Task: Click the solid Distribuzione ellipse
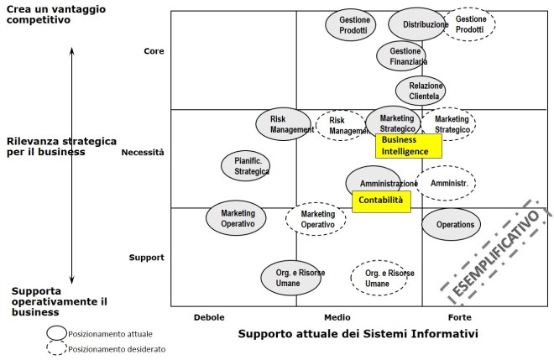[x=417, y=24]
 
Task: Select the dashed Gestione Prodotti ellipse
[x=470, y=24]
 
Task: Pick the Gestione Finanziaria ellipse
[x=407, y=56]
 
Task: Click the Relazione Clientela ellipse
[x=421, y=91]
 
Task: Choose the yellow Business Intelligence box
[x=408, y=146]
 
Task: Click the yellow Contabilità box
[x=381, y=201]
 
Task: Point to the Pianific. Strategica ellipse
[x=246, y=165]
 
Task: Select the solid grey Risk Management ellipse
[x=284, y=124]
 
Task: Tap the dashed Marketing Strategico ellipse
[x=451, y=124]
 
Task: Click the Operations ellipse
[x=451, y=224]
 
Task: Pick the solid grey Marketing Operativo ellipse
[x=237, y=218]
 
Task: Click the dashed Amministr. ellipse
[x=447, y=183]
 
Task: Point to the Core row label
[x=154, y=51]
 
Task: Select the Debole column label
[x=209, y=317]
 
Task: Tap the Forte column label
[x=459, y=317]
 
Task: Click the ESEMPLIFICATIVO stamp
[x=495, y=252]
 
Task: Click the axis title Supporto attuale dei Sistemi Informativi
[x=358, y=335]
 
